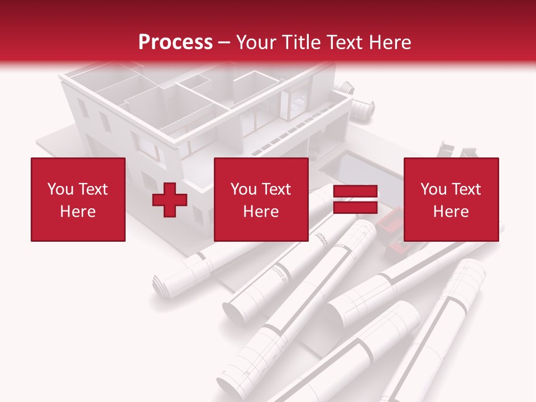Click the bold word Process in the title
[175, 42]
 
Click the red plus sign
[170, 200]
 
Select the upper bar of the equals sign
[356, 192]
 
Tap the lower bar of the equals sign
[356, 208]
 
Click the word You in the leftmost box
[60, 189]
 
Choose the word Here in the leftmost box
[78, 212]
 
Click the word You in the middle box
[243, 189]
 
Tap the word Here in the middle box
[261, 212]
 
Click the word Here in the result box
[451, 212]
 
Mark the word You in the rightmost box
[433, 189]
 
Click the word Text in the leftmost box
[93, 189]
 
